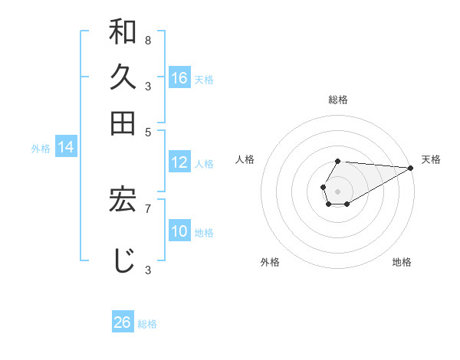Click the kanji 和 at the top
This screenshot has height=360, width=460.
pos(123,33)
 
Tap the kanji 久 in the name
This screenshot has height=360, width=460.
pos(123,77)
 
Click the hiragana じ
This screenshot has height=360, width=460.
pos(123,259)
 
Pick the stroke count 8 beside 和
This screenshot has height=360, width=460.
pos(147,40)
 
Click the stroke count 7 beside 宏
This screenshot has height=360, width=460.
pos(147,207)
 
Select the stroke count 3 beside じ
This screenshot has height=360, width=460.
pos(147,269)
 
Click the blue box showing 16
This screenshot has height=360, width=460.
pos(179,77)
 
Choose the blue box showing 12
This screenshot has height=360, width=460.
pos(179,162)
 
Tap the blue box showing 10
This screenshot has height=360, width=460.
pos(179,231)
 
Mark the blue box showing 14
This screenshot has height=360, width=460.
pos(66,147)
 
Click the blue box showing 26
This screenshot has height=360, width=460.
pos(122,322)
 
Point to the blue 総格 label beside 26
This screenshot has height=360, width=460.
pos(147,324)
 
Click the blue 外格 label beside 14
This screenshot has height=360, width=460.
pos(40,149)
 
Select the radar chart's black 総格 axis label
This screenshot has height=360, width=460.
pos(337,100)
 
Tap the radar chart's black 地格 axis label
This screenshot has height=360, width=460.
pos(402,262)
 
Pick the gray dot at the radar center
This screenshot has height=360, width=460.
pos(337,191)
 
